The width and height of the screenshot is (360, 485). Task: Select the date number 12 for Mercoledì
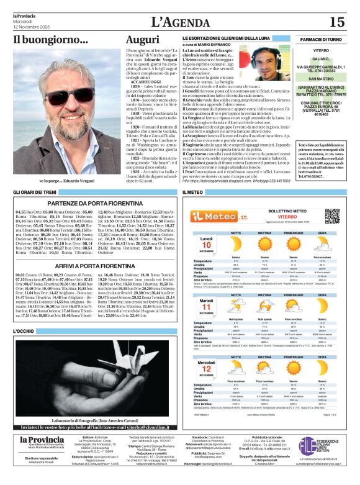click(205, 368)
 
